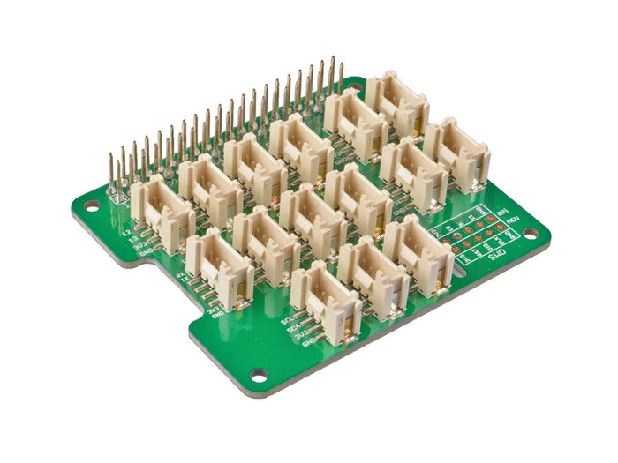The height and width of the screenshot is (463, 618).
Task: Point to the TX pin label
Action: click(x=184, y=281)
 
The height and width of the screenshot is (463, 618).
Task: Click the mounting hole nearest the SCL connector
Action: click(x=258, y=375)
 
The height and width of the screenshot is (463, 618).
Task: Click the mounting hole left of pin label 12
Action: click(x=91, y=206)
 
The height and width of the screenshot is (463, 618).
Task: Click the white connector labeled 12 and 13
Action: click(x=164, y=213)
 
